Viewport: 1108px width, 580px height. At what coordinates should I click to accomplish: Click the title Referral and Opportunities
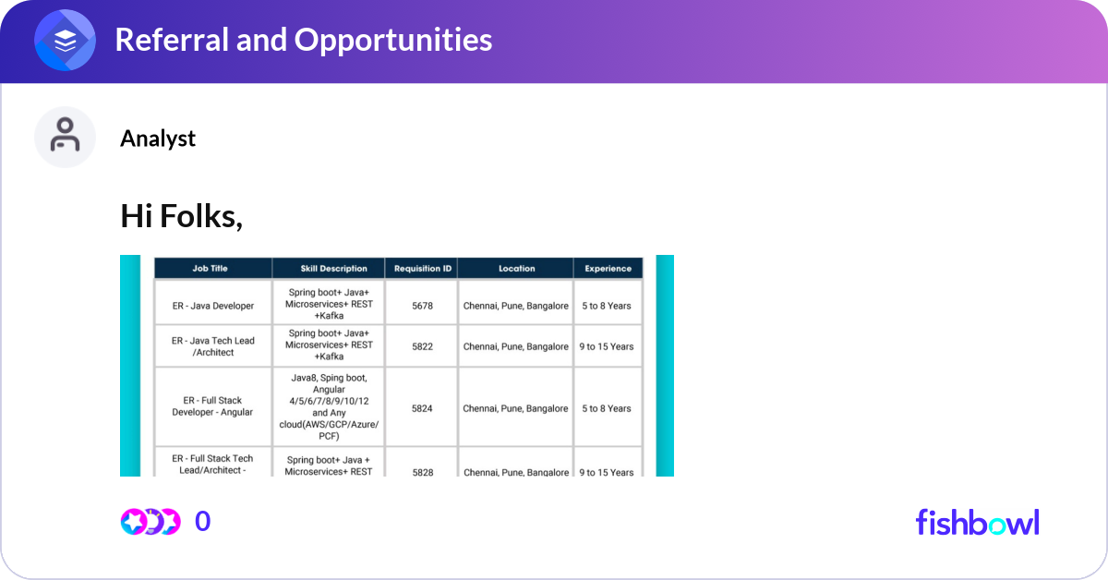click(x=303, y=40)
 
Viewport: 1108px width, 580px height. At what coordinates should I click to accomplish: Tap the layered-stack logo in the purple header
click(x=66, y=41)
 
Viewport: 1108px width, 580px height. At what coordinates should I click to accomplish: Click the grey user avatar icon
click(x=65, y=137)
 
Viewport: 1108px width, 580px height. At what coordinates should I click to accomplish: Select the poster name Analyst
click(x=158, y=139)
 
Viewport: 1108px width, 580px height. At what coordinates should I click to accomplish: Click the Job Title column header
click(x=210, y=269)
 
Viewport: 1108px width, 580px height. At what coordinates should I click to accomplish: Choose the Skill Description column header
click(x=329, y=269)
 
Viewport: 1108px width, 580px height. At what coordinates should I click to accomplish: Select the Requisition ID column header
click(x=422, y=269)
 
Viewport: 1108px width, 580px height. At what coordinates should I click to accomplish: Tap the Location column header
click(x=516, y=269)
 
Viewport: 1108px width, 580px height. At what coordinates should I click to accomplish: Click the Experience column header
click(x=608, y=269)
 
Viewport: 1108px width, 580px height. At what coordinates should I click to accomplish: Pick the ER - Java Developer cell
click(x=212, y=306)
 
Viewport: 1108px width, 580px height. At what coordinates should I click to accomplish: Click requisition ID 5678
click(x=422, y=306)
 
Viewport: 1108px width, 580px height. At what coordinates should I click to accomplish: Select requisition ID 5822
click(x=422, y=346)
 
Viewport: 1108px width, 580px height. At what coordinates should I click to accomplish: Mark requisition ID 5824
click(x=422, y=408)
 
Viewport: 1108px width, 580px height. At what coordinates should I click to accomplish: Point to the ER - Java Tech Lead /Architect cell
click(x=212, y=346)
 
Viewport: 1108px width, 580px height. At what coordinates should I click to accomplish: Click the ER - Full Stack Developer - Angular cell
click(x=212, y=406)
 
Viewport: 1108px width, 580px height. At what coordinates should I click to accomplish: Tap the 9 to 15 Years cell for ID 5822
click(x=607, y=346)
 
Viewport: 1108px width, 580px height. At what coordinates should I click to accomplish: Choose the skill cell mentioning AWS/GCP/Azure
click(x=329, y=406)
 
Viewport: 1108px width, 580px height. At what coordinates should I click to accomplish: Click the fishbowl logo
click(x=977, y=522)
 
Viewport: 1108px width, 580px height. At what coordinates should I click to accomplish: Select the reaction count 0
click(x=202, y=522)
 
